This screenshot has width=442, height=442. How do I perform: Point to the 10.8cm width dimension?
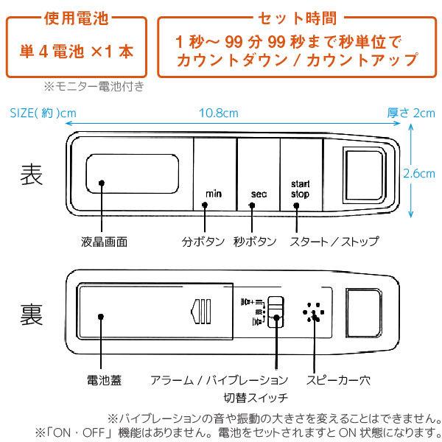(x=218, y=113)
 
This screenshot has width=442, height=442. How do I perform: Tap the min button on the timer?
(x=214, y=177)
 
